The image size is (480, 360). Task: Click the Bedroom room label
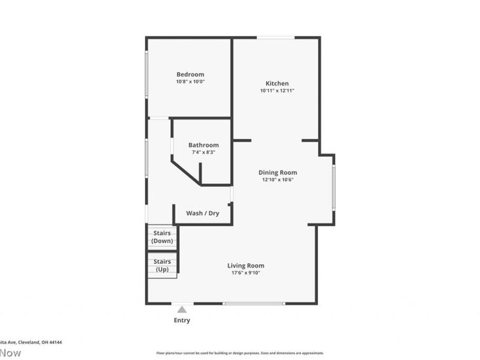tap(190, 74)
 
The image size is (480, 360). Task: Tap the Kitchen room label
tap(277, 83)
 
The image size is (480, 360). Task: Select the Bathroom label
tap(203, 145)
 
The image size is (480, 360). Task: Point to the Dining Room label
tap(278, 173)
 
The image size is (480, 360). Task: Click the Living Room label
tap(245, 266)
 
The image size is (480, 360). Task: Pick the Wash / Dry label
tap(202, 213)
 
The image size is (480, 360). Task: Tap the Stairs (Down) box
tap(163, 237)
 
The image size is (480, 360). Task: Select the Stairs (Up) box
tap(163, 265)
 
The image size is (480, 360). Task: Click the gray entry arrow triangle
tap(182, 310)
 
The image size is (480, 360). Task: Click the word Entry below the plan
tap(182, 320)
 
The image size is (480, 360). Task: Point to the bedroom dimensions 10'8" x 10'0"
tap(190, 82)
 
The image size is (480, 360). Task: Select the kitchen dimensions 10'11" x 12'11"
tap(277, 91)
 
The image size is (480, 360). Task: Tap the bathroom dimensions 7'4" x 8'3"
tap(203, 152)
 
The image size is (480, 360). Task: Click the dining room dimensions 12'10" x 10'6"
tap(278, 179)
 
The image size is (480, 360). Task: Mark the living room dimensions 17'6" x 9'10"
tap(245, 273)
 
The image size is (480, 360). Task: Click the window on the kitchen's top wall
tap(275, 38)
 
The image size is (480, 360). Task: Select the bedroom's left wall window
tap(146, 74)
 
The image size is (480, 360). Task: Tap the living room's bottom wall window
tap(254, 304)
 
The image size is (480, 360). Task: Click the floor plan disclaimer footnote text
tap(240, 353)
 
